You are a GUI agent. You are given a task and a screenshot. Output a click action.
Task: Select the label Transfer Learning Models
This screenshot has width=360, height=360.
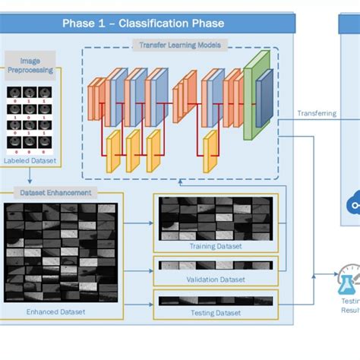tap(179, 45)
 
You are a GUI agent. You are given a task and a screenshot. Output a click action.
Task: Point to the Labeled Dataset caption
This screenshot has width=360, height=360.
tap(30, 160)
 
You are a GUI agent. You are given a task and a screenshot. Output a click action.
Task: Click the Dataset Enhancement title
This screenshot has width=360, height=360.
tap(56, 193)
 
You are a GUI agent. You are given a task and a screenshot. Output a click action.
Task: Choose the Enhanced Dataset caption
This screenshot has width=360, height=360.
tap(55, 311)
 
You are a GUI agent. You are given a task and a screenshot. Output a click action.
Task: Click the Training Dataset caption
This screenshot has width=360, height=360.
tap(216, 246)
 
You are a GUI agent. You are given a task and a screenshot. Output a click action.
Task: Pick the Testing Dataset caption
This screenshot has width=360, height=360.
tap(216, 312)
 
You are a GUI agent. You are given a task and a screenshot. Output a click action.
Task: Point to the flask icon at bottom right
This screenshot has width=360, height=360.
tap(349, 283)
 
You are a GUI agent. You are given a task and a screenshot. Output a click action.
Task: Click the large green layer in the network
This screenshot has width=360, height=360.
tap(252, 97)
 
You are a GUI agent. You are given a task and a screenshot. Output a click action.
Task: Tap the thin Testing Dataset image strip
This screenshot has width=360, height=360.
tap(216, 299)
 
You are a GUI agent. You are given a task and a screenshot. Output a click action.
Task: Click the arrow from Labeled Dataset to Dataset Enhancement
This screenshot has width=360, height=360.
tap(30, 175)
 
